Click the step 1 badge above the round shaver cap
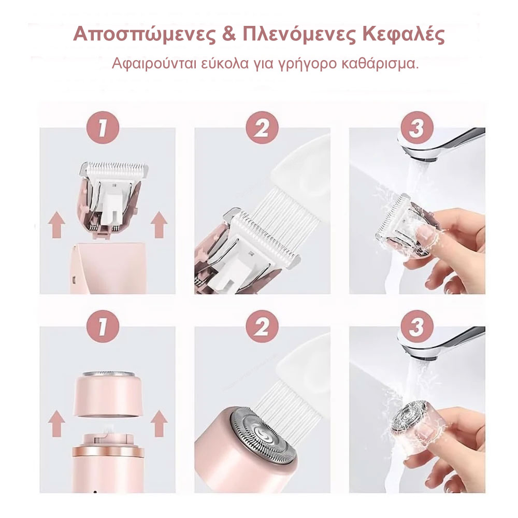click(x=102, y=327)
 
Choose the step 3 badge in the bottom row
click(x=416, y=327)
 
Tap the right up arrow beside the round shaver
click(x=159, y=422)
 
